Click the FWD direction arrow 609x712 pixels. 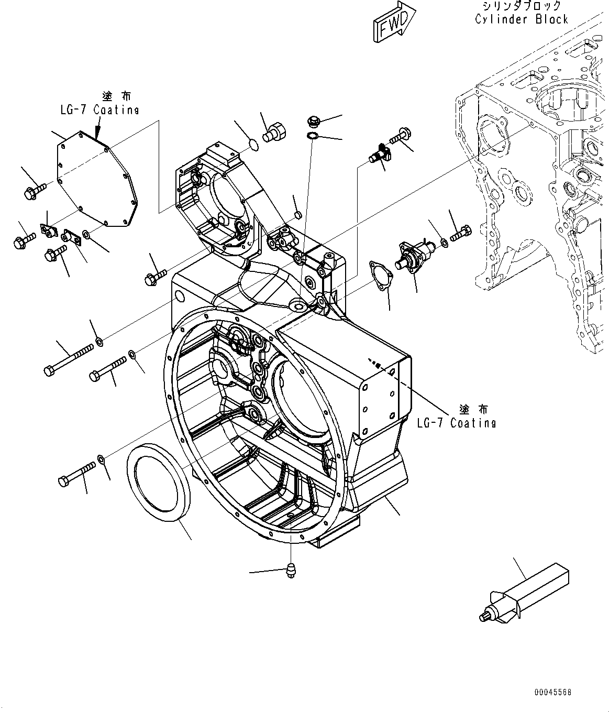click(x=394, y=24)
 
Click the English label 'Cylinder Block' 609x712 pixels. click(x=521, y=19)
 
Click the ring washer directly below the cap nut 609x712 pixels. click(x=312, y=137)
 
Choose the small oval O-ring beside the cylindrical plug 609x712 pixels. click(x=252, y=144)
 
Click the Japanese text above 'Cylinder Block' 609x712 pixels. click(x=521, y=6)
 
